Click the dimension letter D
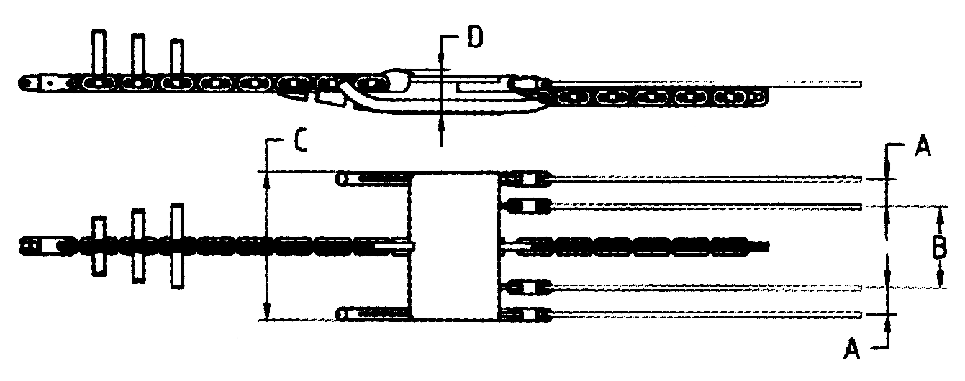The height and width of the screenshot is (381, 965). [475, 37]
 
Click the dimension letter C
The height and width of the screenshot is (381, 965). [300, 140]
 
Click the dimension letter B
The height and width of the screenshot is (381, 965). [939, 247]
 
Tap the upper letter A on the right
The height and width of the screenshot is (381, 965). [923, 145]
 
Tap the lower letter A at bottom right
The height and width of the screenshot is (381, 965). [851, 348]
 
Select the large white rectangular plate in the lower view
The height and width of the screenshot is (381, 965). [454, 247]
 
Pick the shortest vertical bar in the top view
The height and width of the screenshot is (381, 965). [176, 58]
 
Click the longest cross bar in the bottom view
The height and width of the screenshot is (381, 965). [177, 246]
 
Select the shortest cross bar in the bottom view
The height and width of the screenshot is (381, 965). [99, 247]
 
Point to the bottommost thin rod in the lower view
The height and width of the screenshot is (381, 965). [707, 315]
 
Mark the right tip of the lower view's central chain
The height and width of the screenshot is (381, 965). [769, 247]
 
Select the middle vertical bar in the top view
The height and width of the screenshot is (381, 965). [138, 56]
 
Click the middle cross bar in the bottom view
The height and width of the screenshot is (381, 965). [138, 246]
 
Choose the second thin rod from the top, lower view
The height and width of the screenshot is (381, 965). [707, 207]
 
